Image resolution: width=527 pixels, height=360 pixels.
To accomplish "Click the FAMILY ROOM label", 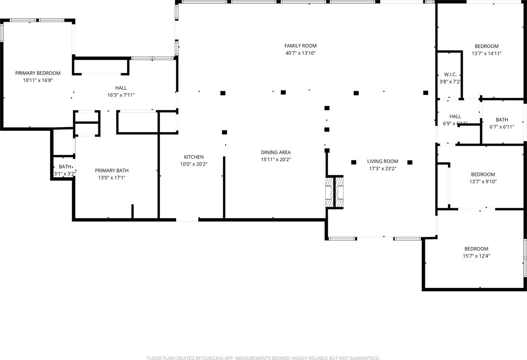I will [x=301, y=46].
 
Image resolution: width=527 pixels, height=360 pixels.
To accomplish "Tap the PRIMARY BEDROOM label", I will [x=38, y=73].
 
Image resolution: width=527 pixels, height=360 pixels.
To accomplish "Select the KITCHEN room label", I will [x=194, y=157].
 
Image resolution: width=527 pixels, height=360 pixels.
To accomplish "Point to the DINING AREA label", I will [x=275, y=152].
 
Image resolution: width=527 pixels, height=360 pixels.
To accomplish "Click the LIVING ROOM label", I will [x=382, y=161].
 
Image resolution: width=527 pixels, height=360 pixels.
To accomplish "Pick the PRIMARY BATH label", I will [x=112, y=170].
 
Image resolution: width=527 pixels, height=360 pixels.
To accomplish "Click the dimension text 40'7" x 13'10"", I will [x=301, y=53].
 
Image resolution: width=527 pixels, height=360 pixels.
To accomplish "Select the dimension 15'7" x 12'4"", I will [x=476, y=256].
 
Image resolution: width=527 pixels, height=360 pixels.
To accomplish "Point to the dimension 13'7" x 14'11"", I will [x=486, y=53].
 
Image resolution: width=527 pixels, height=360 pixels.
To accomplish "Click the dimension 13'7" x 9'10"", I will [x=483, y=181].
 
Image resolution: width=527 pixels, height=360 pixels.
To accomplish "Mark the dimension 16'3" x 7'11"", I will [x=121, y=95].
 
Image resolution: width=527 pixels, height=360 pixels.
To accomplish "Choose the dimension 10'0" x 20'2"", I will [x=194, y=164].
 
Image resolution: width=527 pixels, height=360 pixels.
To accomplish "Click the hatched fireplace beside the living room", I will [x=334, y=192].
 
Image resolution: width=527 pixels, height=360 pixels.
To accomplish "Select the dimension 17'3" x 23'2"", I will [x=382, y=169].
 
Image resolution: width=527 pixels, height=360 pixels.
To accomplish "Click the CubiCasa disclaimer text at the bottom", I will [x=263, y=358].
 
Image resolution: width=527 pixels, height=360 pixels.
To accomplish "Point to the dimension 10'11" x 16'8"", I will [x=38, y=81].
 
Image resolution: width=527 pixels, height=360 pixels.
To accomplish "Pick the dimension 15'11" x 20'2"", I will [x=275, y=160].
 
